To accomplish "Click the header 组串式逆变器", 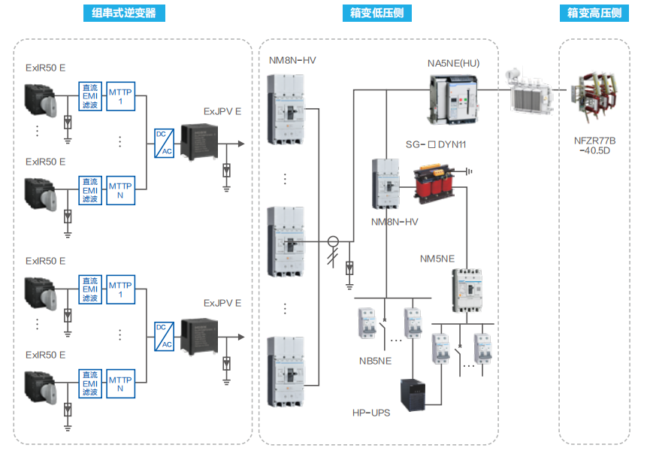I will [x=123, y=13].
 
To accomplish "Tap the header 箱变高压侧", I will [x=595, y=13].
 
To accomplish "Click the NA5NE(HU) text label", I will [x=453, y=63].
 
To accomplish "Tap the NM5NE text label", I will [x=437, y=259].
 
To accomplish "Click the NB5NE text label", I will [x=375, y=361].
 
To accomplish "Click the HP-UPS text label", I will [x=371, y=413].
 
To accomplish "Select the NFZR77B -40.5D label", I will [x=594, y=144].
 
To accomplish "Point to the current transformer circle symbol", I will [x=333, y=241].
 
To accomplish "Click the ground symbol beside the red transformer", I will [x=469, y=171].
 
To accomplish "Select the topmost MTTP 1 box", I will [x=120, y=97].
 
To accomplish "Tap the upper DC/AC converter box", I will [x=164, y=143].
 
